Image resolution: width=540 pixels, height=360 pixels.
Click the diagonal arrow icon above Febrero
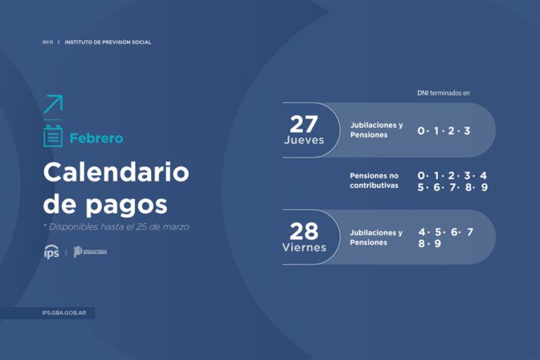[53, 104]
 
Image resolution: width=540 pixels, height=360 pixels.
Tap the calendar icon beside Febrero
[53, 136]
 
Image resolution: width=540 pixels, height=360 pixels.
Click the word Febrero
[96, 139]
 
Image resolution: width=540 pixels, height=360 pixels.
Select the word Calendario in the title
[116, 172]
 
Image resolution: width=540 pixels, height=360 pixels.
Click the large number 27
[304, 124]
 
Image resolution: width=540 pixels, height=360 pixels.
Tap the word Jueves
[304, 140]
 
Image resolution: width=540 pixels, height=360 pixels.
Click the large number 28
[304, 231]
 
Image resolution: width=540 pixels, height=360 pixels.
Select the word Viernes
[304, 247]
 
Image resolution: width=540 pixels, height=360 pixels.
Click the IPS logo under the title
[51, 252]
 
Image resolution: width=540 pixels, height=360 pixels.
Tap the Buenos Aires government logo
[91, 252]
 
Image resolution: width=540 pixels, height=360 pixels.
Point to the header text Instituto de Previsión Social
[108, 42]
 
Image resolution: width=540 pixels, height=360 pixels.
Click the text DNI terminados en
[443, 93]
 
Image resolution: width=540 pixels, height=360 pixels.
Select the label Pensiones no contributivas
[374, 181]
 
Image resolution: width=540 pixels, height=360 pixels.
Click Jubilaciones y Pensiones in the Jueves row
[376, 130]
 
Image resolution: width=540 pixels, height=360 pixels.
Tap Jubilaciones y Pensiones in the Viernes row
[376, 238]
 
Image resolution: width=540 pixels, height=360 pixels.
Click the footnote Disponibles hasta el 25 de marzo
[116, 227]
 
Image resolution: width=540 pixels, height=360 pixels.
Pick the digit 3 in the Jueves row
[467, 131]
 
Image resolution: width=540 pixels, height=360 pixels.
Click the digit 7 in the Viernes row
[470, 232]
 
